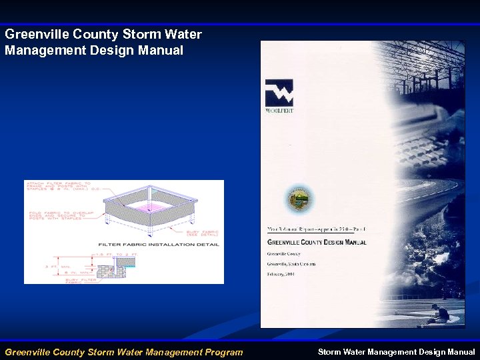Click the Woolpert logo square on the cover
tap(279, 93)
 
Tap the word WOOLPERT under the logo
tap(279, 111)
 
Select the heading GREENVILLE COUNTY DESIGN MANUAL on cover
tap(317, 243)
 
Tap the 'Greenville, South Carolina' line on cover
tap(291, 263)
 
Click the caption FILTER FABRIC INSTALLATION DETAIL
tap(159, 245)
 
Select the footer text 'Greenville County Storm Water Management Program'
tap(124, 352)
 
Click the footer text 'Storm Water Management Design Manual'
tap(396, 352)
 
